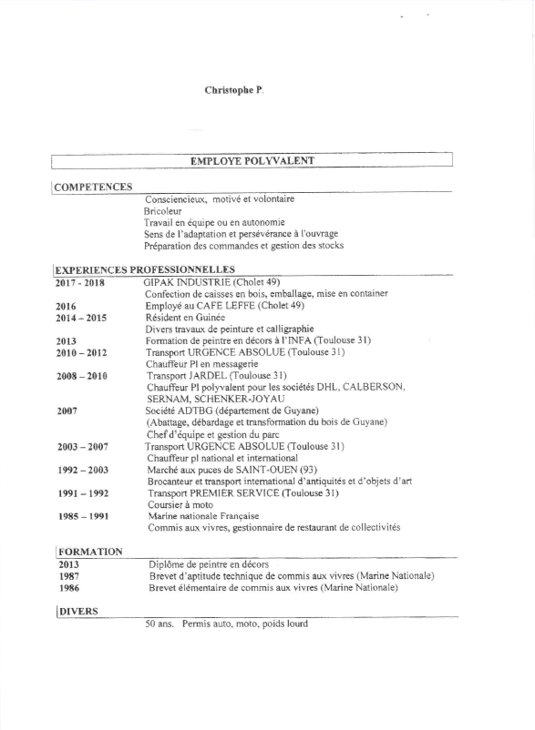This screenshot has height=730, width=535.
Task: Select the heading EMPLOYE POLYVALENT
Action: coord(252,161)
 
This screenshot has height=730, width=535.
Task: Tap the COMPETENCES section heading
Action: coord(93,187)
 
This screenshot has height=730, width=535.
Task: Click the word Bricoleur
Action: coord(163,210)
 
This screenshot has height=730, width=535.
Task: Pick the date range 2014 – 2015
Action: coord(81,318)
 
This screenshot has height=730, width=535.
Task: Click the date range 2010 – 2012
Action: coord(81,352)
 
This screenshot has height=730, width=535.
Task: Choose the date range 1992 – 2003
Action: coord(81,470)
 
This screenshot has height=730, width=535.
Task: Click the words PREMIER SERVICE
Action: coord(238,493)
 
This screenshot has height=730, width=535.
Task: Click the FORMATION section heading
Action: coord(90,552)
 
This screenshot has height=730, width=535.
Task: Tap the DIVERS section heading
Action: coord(78,611)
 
